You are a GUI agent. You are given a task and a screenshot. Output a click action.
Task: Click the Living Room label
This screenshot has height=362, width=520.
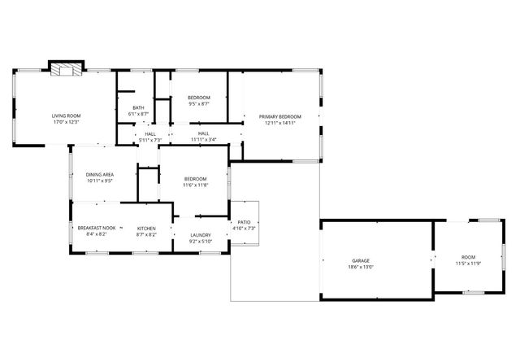click(67, 116)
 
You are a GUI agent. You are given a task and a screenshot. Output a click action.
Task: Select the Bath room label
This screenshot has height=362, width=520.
click(139, 107)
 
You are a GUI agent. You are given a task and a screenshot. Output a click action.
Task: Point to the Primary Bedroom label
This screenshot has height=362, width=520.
click(280, 116)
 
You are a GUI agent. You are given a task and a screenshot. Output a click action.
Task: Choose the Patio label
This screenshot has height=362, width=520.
click(244, 222)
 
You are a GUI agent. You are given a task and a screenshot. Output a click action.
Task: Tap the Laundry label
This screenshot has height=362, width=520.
click(200, 234)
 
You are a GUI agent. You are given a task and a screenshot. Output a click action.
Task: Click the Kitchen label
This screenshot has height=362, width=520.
click(146, 228)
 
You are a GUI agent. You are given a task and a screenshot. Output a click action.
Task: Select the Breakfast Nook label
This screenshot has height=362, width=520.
click(97, 228)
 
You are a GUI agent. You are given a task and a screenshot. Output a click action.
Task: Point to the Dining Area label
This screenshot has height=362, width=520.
click(99, 174)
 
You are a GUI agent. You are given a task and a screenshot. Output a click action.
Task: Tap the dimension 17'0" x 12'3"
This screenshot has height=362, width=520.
click(67, 122)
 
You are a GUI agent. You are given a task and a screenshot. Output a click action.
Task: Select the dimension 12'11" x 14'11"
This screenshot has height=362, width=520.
click(280, 123)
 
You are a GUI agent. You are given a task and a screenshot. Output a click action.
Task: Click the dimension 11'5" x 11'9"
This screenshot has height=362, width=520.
click(468, 264)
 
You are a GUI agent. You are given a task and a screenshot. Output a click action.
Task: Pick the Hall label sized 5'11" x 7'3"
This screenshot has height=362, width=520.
click(150, 133)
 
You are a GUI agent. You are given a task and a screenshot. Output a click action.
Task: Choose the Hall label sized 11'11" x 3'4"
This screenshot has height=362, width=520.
click(203, 133)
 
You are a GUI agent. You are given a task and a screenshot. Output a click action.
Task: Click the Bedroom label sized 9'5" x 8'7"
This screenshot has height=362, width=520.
click(199, 98)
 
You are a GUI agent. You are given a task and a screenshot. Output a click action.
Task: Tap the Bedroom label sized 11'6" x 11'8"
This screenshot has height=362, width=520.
click(195, 179)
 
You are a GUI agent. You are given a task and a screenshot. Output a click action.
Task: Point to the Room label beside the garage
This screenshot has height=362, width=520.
click(468, 257)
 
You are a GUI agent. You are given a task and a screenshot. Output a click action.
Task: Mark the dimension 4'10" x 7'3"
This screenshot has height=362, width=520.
click(244, 229)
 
